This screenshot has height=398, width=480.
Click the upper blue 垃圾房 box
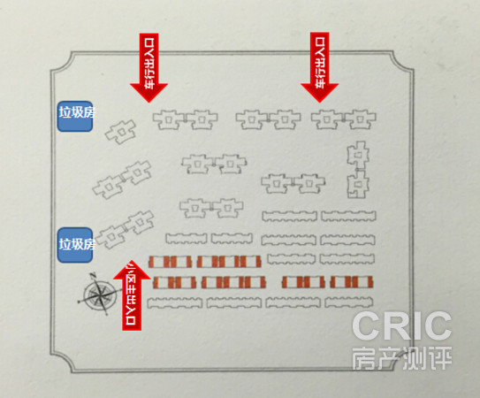75,117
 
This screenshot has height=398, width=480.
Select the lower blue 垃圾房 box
75,245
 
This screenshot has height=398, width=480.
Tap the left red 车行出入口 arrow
149,67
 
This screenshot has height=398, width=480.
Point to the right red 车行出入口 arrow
320,67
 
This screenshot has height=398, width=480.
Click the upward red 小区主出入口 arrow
132,295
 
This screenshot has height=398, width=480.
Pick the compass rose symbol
97,294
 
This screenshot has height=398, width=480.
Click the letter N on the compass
94,274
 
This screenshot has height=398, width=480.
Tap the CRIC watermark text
401,325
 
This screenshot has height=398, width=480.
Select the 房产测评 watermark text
401,358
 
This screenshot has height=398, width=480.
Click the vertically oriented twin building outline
358,170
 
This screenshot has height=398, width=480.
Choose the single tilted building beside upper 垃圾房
120,132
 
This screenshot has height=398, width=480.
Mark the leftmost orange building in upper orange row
170,262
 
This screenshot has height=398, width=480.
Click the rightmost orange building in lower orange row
352,282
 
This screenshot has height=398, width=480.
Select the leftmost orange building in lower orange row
174,282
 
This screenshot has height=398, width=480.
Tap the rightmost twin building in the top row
344,119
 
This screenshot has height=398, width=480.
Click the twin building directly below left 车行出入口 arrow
186,119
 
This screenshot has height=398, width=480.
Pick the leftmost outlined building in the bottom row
174,302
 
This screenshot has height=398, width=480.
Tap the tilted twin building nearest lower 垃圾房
125,229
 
